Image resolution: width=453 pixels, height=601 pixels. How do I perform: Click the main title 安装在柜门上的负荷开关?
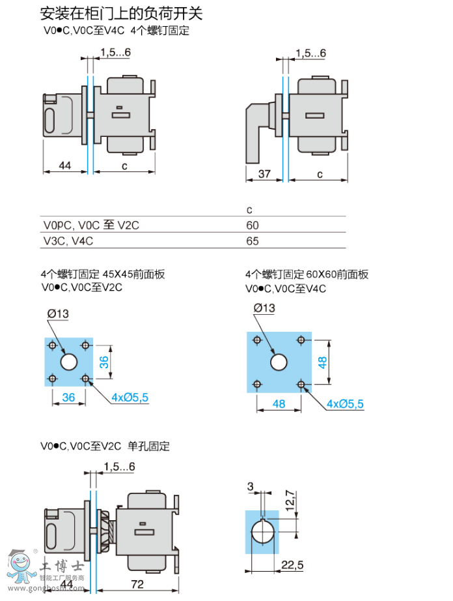tap(122, 13)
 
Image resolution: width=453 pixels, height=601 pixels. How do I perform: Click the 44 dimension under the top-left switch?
tap(64, 166)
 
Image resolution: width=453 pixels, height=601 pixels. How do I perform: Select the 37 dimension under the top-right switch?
tap(264, 174)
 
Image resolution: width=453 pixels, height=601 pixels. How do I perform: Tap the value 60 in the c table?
tap(253, 225)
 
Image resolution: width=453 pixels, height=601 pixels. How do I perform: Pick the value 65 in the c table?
tap(253, 241)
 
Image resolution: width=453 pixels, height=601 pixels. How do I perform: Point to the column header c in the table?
tap(249, 210)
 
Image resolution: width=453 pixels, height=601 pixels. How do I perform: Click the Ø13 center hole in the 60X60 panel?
tap(279, 362)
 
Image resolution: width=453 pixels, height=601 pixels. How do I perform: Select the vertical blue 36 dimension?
tap(104, 362)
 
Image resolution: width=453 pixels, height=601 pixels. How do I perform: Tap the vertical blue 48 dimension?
tap(322, 362)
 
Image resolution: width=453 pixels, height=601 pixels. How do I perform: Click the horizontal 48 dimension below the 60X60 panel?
tap(279, 404)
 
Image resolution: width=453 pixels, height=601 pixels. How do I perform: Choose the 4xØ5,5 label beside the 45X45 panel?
tap(130, 397)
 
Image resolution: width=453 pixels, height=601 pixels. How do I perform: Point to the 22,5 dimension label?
tap(292, 564)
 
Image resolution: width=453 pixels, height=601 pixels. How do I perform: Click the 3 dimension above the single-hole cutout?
tap(250, 487)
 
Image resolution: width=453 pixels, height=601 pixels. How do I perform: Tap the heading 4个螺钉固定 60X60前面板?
tap(307, 274)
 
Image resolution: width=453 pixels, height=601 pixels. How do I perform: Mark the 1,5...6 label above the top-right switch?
tap(310, 53)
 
